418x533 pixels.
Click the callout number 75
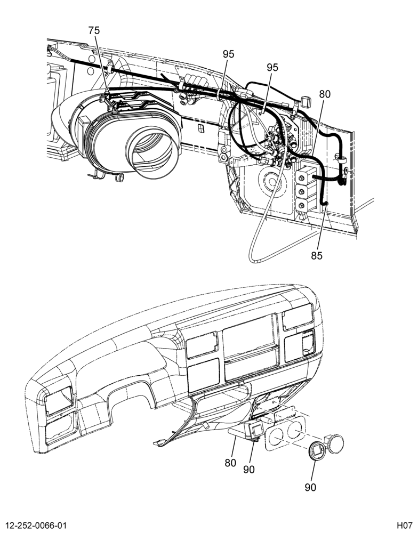pos(94,30)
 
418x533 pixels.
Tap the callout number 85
pos(316,256)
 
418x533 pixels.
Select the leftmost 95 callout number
pos(229,54)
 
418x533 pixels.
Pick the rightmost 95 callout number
pos(272,68)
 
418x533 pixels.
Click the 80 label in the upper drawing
pos(325,94)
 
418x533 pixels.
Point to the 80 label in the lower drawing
pos(230,463)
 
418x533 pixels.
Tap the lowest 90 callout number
pos(310,488)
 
